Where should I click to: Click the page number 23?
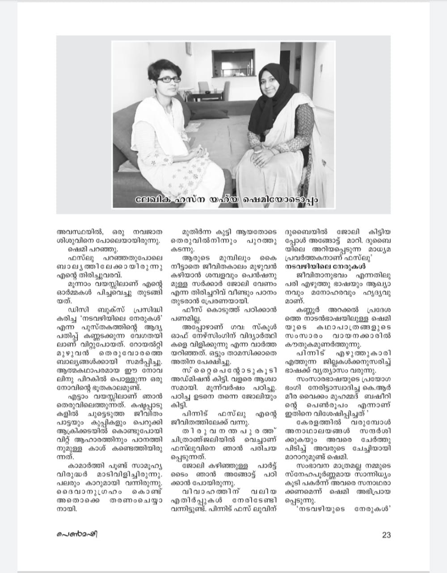coord(386,535)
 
